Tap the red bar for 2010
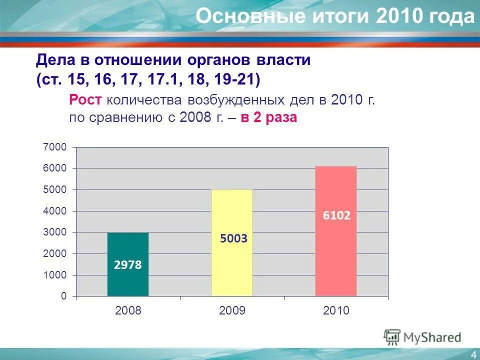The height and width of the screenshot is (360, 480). point(335,250)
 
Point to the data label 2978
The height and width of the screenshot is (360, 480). point(128,265)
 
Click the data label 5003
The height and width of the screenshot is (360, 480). point(233,239)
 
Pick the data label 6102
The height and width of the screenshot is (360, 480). point(336,215)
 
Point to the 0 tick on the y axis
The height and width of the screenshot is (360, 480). point(63,296)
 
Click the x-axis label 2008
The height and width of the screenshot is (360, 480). point(128,311)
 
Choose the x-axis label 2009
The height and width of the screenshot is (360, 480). point(232,311)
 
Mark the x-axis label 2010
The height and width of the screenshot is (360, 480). point(336,311)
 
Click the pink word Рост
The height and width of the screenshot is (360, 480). point(86,99)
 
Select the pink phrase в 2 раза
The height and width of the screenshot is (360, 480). point(269,118)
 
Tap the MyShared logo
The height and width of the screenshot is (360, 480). point(422,337)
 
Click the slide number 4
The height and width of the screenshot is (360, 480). point(473,354)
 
